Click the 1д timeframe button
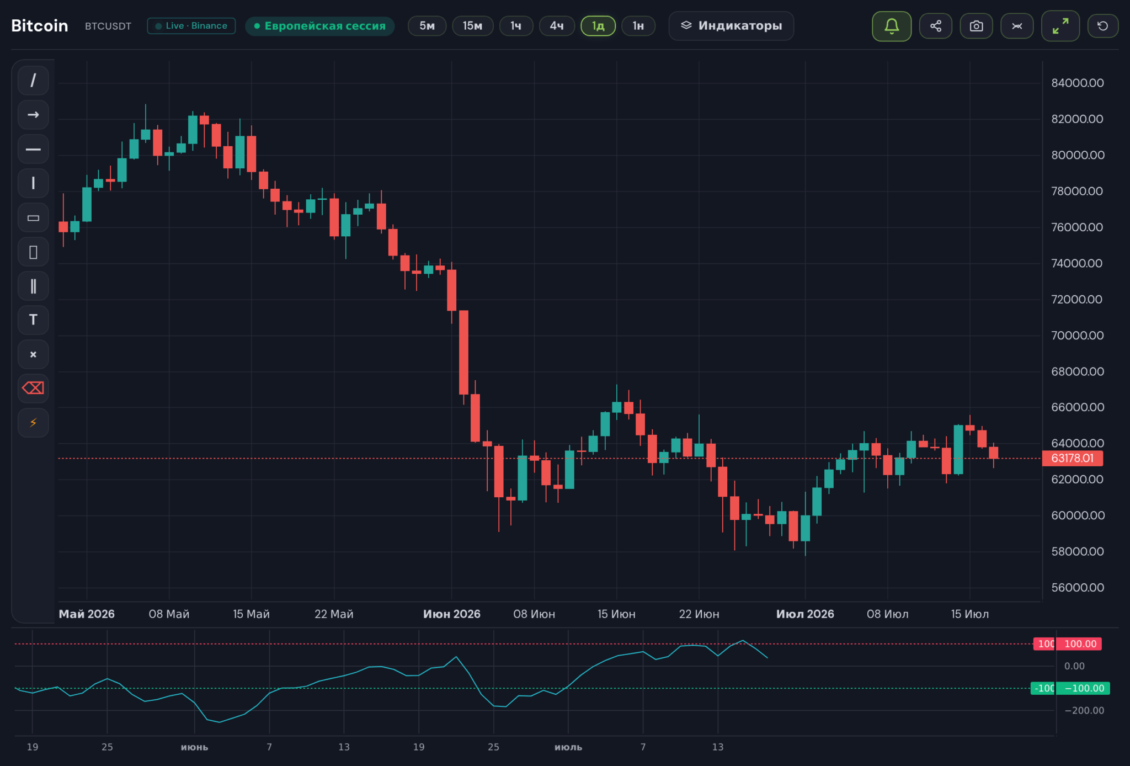[x=598, y=26]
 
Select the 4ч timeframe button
[x=557, y=26]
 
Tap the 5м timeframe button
[x=427, y=26]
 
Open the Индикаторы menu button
[x=731, y=26]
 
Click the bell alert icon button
[x=892, y=26]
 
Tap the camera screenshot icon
[x=976, y=26]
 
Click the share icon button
[x=936, y=26]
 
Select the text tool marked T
[x=33, y=320]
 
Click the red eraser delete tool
[x=33, y=389]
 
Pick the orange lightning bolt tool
[x=33, y=423]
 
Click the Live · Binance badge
[x=191, y=26]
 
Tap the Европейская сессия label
[x=320, y=26]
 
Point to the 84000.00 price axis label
[x=1078, y=83]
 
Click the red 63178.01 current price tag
[x=1072, y=458]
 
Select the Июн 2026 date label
[x=452, y=614]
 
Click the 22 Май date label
[x=334, y=614]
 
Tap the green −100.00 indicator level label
[x=1083, y=688]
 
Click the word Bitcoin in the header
[x=40, y=26]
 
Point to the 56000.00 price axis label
[x=1078, y=587]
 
